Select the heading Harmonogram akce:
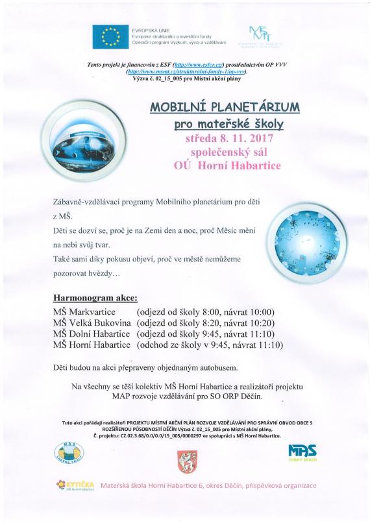(x=95, y=299)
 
